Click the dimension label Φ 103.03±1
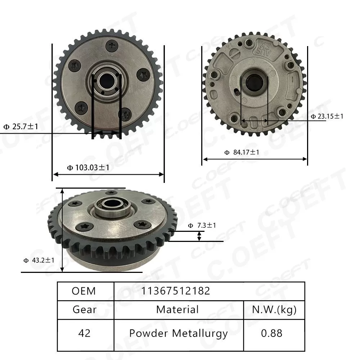[89, 167]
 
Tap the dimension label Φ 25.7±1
[21, 127]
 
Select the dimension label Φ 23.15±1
[327, 116]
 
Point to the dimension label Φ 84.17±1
[242, 152]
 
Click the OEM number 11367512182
[177, 291]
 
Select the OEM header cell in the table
[84, 291]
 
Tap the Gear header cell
[84, 310]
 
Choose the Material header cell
[177, 310]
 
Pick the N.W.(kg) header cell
[274, 310]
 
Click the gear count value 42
[84, 333]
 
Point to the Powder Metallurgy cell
[179, 333]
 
